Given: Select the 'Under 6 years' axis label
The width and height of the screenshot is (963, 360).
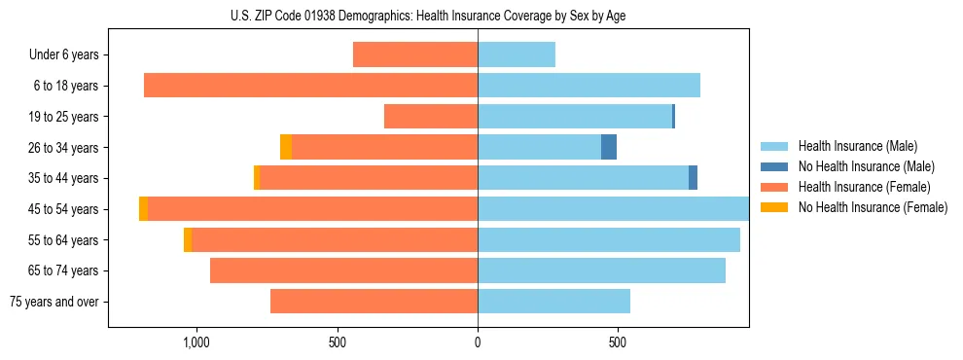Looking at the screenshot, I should tap(64, 54).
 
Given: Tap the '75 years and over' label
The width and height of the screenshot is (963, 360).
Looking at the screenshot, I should tap(54, 302).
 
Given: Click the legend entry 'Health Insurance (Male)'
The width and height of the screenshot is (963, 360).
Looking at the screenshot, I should tap(857, 146).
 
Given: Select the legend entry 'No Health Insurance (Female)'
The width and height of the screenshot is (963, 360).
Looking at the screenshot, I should tap(873, 207).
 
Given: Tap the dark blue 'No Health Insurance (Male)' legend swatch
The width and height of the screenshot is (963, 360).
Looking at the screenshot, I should tap(774, 166).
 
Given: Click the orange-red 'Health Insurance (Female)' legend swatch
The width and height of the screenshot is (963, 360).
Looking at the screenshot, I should tap(774, 187).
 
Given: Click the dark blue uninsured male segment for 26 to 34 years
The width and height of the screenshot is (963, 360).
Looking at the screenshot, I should tap(609, 147).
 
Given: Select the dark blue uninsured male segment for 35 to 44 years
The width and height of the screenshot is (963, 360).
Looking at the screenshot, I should tap(693, 178).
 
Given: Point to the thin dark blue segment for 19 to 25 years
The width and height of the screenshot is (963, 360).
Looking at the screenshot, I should tap(673, 117).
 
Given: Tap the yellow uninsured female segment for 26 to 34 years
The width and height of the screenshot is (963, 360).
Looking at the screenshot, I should tap(286, 147).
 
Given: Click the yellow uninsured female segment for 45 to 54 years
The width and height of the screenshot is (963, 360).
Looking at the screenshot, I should tap(144, 209).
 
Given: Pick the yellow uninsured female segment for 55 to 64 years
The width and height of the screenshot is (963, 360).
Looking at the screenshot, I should tap(188, 240).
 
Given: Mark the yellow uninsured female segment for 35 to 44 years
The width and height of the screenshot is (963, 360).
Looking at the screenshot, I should tap(257, 178).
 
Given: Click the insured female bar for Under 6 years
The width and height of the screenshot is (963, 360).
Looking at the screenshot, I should tap(415, 54).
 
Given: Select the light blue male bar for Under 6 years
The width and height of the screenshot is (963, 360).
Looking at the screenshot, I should tap(517, 54).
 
